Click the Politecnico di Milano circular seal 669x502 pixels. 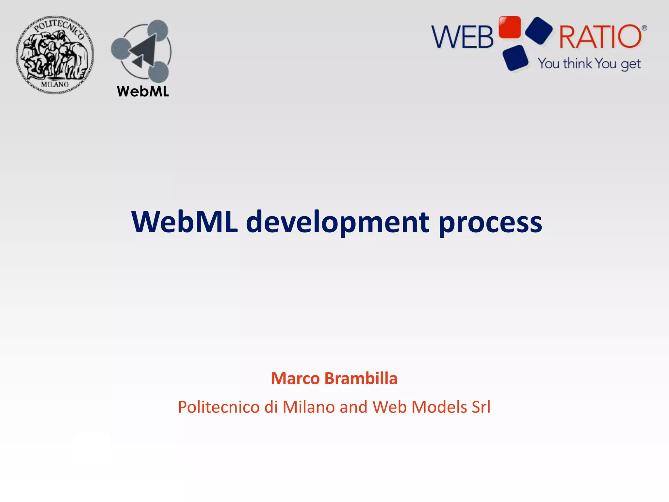tap(55, 55)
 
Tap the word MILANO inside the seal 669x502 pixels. tap(55, 84)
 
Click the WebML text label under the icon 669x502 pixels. tap(143, 91)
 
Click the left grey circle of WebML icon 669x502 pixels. tap(121, 49)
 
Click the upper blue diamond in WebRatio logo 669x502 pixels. tap(539, 30)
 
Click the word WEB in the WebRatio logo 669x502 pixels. tap(462, 37)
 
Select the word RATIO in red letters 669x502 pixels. tap(600, 37)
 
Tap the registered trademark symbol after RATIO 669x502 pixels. tap(644, 28)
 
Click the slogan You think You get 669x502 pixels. tap(589, 64)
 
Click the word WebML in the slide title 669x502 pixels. tap(185, 222)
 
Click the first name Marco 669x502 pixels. tap(295, 378)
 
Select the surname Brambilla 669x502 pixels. tap(361, 378)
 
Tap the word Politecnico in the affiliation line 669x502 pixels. tap(219, 407)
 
